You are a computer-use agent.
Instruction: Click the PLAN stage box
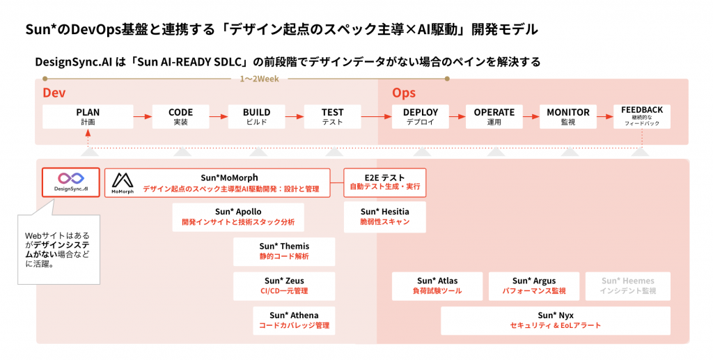point(88,117)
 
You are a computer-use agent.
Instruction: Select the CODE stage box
point(180,117)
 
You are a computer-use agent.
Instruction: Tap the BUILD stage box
point(256,117)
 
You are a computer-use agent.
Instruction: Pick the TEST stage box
point(332,117)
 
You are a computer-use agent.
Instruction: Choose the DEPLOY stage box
point(420,117)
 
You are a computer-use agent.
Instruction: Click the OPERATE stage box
point(494,117)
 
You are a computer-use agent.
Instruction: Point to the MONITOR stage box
point(568,117)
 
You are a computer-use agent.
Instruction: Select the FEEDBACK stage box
point(641,117)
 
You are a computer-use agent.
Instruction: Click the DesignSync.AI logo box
point(71,182)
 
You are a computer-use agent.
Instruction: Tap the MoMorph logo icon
point(123,182)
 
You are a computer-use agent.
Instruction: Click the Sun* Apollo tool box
point(238,217)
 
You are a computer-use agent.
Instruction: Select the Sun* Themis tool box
point(284,251)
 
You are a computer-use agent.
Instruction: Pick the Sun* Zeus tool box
point(284,286)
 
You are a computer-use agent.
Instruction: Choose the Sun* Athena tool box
point(294,320)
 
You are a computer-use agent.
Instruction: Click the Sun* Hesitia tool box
point(384,217)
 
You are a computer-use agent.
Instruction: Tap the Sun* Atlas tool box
point(437,286)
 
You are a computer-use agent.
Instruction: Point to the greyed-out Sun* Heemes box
point(627,286)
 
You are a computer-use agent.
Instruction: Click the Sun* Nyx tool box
point(556,320)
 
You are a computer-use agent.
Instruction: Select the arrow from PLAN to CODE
point(143,117)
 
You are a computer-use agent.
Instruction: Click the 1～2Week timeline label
point(259,79)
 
